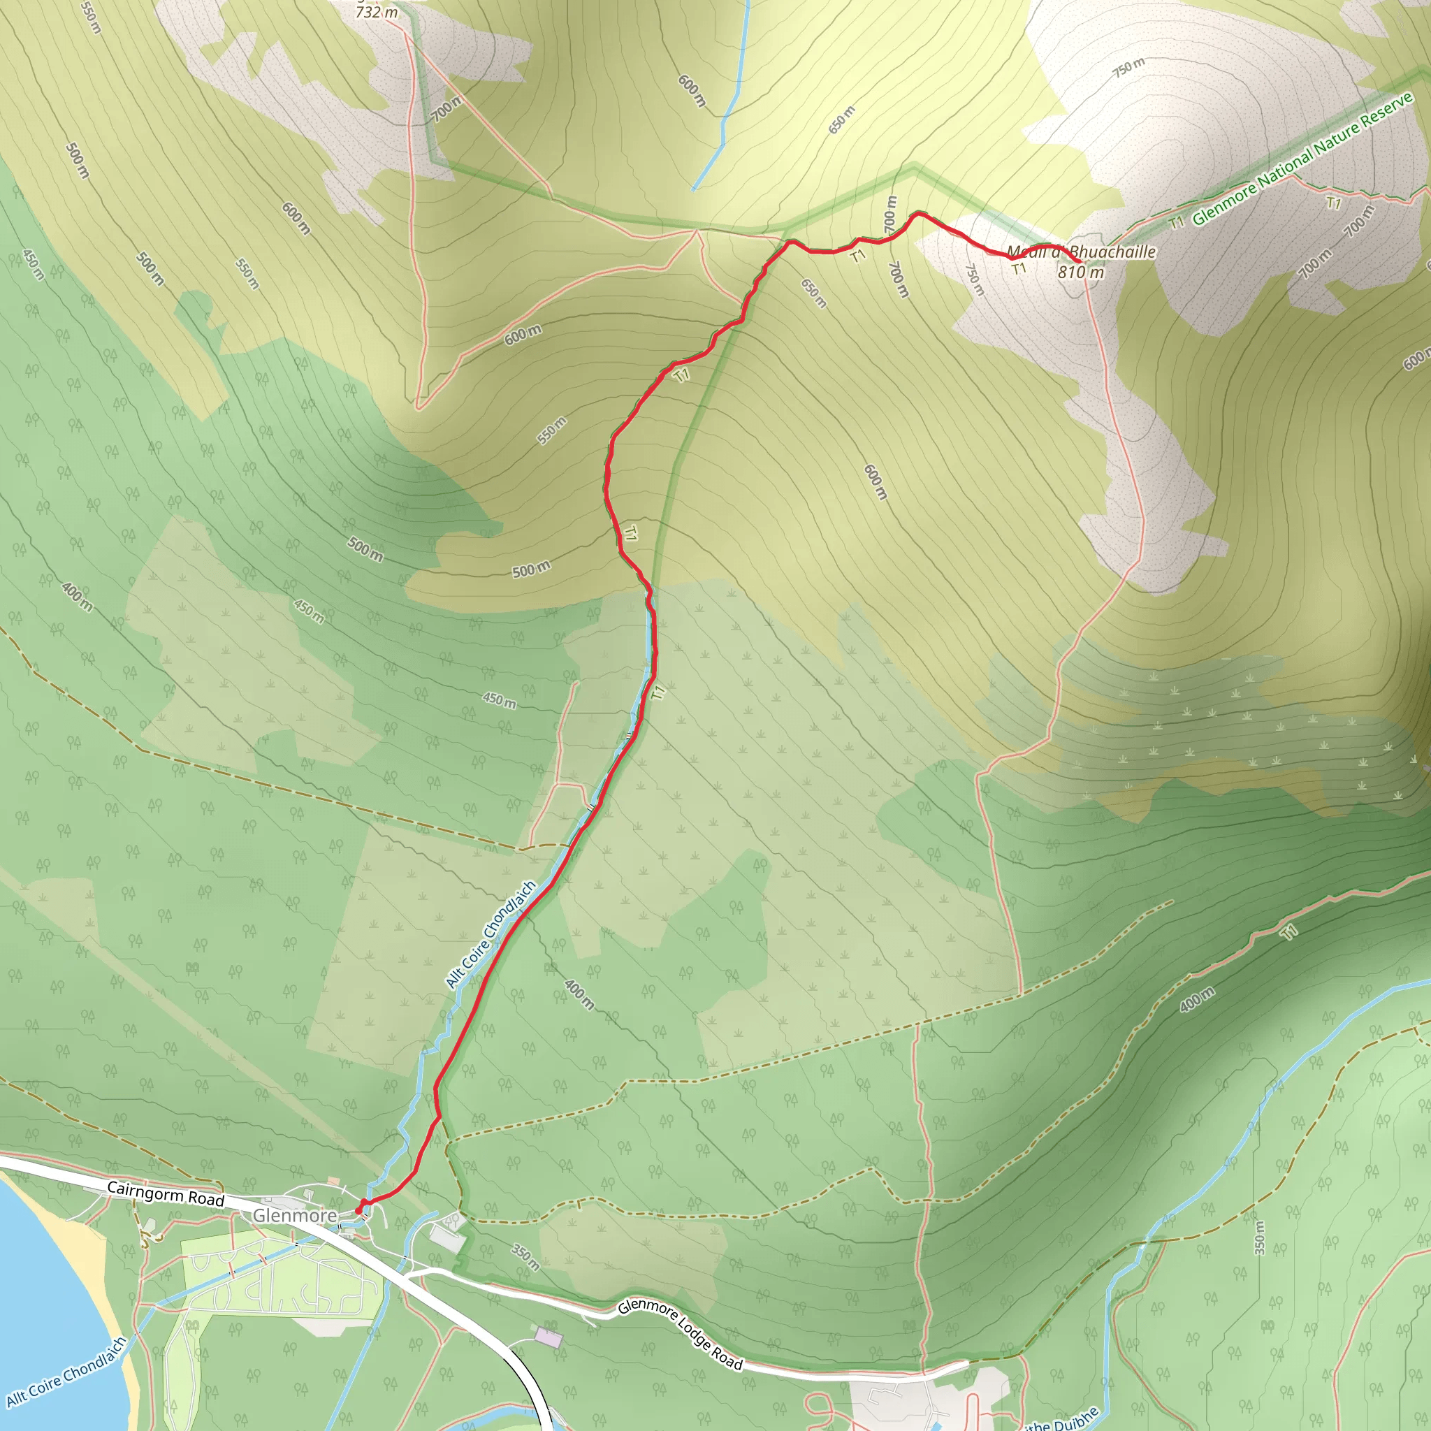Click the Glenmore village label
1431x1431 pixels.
(295, 1216)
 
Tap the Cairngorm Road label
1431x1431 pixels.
(165, 1193)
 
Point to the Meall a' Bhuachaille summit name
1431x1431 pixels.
(1082, 252)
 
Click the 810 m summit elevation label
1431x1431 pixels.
(1081, 273)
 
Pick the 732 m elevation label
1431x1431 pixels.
(377, 13)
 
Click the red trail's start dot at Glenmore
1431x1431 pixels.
(359, 1210)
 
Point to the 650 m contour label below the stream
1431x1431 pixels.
(841, 120)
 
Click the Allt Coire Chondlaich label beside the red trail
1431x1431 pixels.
(491, 934)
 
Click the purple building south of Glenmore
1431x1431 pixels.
(549, 1337)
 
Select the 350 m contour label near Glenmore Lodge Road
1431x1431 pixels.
(526, 1257)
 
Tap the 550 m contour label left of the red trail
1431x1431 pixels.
(552, 430)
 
